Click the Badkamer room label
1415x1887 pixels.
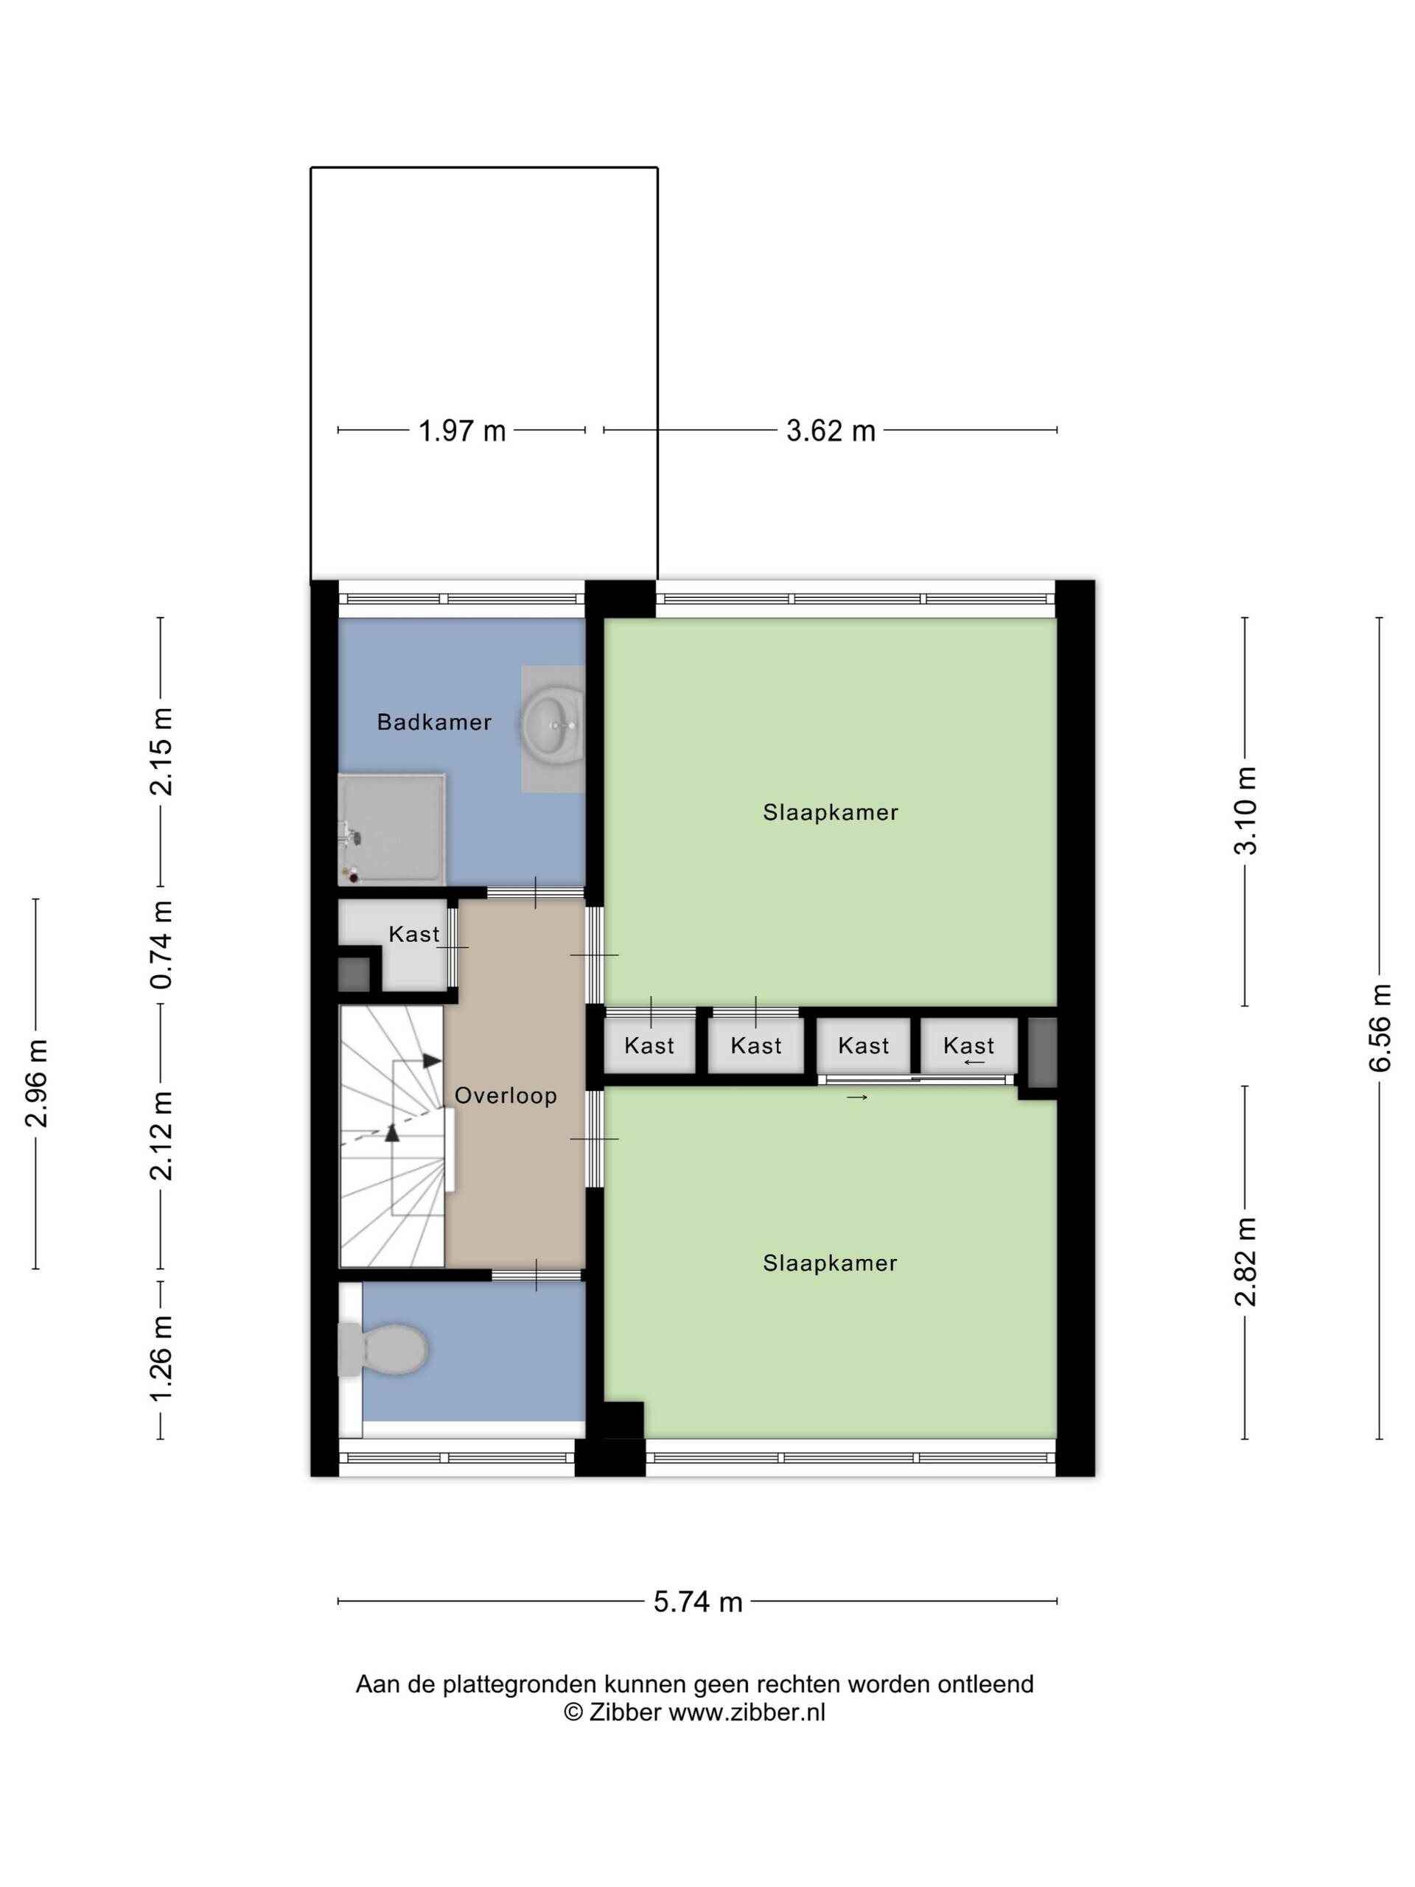[x=434, y=722]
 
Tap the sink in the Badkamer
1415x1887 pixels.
[x=552, y=725]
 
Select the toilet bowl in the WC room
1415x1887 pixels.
[x=385, y=1350]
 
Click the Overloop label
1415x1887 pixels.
[x=506, y=1095]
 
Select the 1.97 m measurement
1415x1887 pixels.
[x=461, y=430]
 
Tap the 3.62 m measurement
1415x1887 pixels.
[x=831, y=430]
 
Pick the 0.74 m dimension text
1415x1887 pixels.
[x=161, y=945]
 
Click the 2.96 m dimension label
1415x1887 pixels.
[x=36, y=1084]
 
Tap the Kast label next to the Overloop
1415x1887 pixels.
[x=414, y=934]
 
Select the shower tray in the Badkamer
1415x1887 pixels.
[x=391, y=829]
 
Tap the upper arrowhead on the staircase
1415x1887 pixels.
[x=433, y=1061]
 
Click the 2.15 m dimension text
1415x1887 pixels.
[x=161, y=752]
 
